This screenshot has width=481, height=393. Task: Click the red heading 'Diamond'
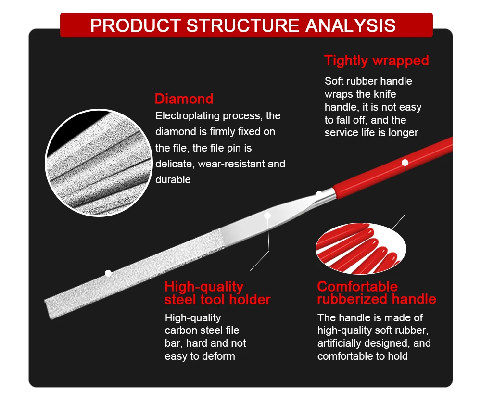(x=184, y=99)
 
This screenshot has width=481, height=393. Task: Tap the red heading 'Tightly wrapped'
(x=376, y=61)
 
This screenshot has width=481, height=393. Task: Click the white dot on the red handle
(x=405, y=163)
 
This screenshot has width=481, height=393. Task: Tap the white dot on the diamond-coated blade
(x=108, y=273)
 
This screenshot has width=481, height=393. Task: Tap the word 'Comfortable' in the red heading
(x=357, y=287)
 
